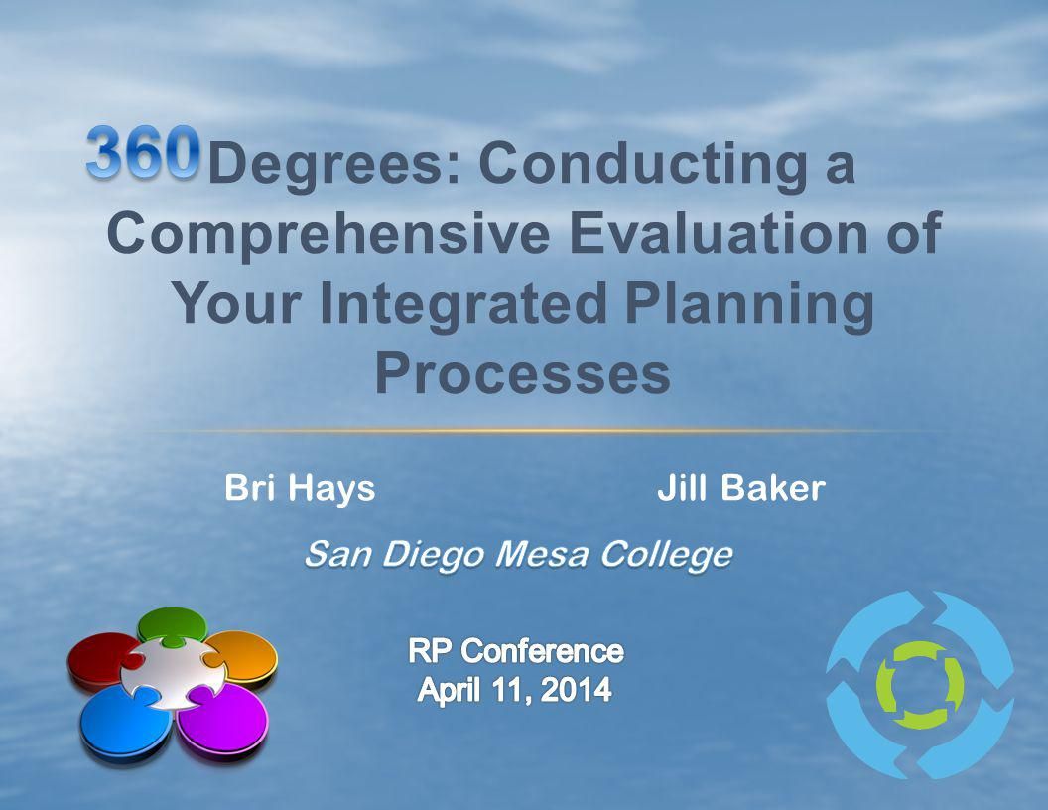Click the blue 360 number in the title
tap(143, 153)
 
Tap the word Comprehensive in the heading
tap(328, 234)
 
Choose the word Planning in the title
tap(750, 304)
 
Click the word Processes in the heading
tap(523, 373)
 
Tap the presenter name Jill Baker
tap(741, 487)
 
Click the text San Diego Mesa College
tap(518, 555)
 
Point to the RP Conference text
tap(515, 651)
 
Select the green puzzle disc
tap(172, 625)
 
